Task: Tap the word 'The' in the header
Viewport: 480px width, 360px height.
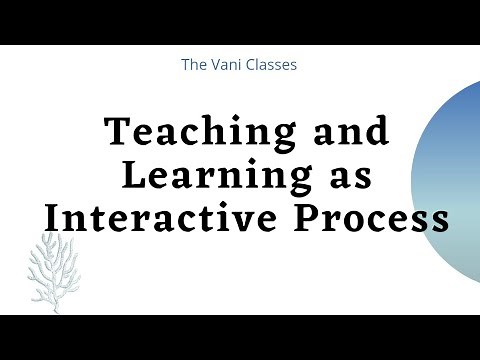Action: point(193,65)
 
